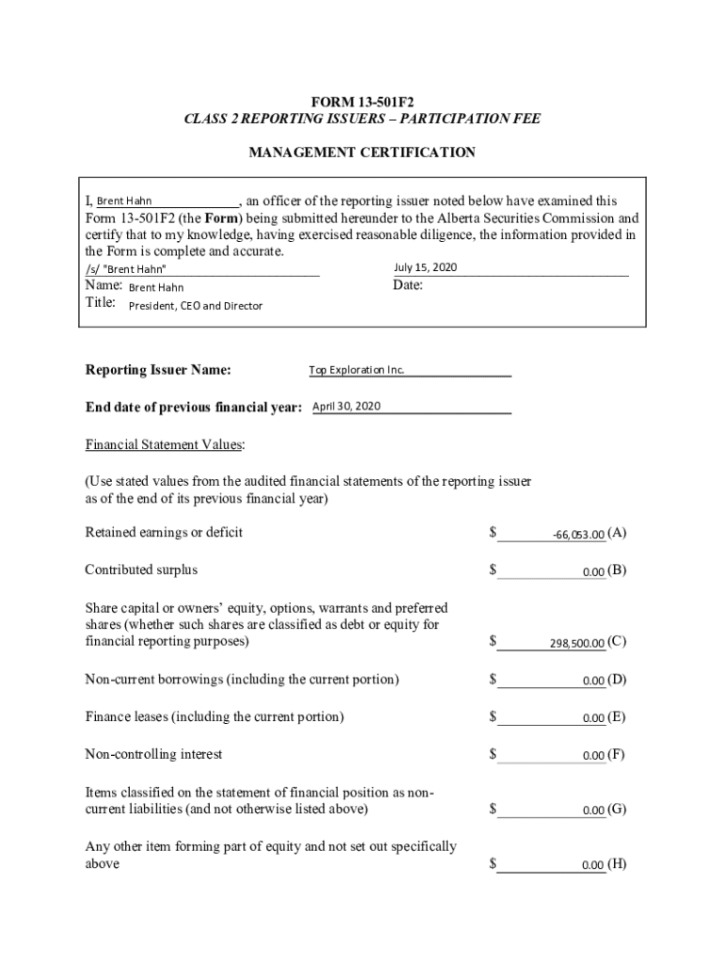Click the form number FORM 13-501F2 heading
point(362,101)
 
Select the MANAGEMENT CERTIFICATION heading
point(362,152)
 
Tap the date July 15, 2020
point(425,267)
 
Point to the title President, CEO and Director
point(195,306)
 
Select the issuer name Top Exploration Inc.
point(356,370)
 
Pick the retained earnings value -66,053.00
point(578,535)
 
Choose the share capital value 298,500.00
point(576,644)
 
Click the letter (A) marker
point(618,533)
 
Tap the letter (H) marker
point(618,864)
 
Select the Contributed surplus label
point(141,570)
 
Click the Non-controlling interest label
point(153,754)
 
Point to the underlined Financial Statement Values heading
point(166,443)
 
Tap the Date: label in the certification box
point(408,285)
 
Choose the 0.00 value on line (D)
point(593,681)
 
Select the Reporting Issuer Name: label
point(158,370)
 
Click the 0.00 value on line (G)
point(593,811)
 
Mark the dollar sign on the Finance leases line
point(493,716)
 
